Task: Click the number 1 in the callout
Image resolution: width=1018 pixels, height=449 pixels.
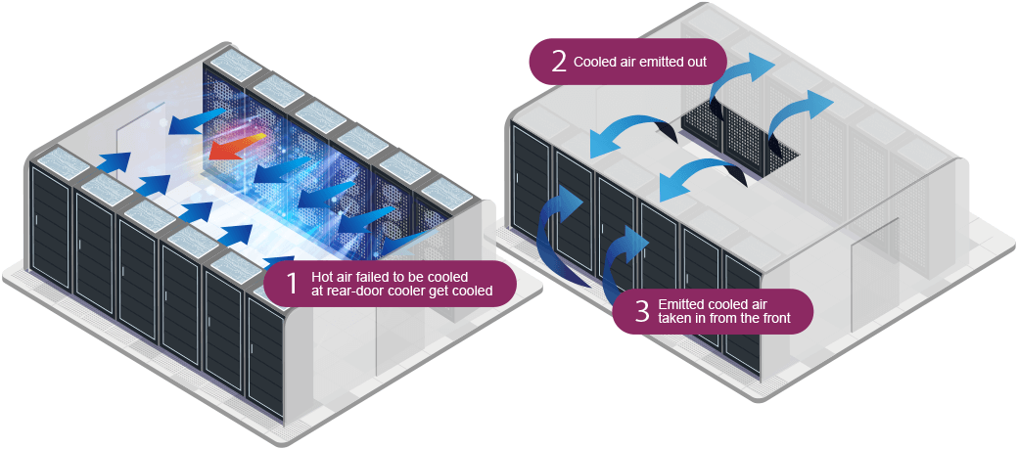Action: click(x=291, y=284)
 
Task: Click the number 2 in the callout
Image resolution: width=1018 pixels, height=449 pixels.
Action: click(x=559, y=62)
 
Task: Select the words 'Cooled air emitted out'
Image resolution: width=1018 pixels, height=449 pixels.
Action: click(x=648, y=62)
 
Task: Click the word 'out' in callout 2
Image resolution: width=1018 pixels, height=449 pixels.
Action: click(x=710, y=62)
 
